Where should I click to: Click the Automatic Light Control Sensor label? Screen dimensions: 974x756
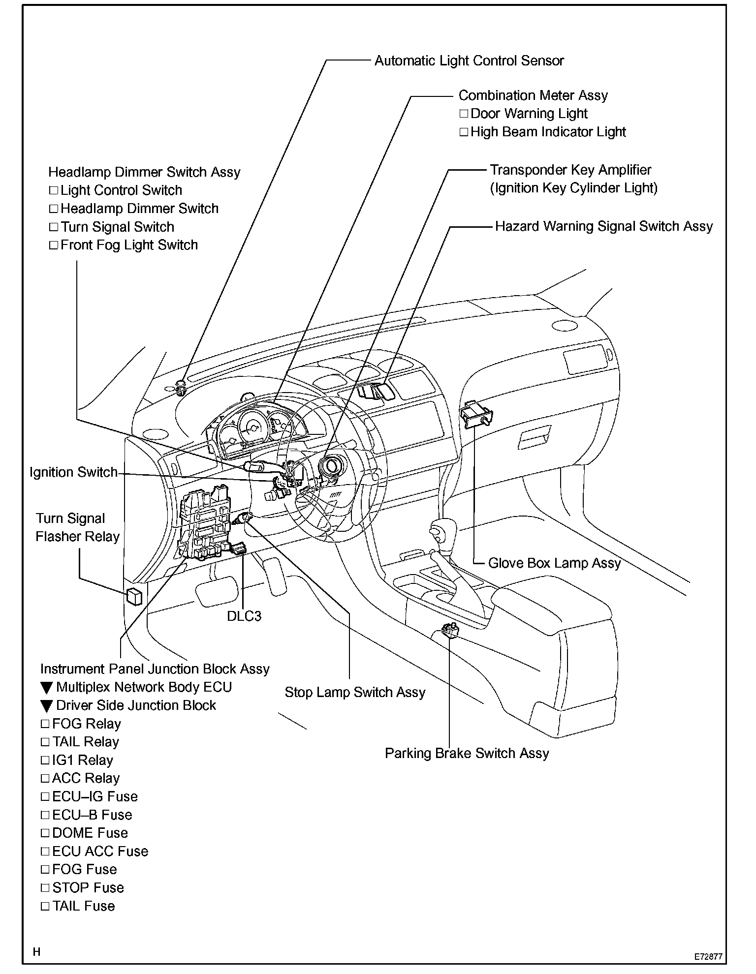(469, 61)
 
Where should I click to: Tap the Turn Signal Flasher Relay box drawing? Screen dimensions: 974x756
(134, 596)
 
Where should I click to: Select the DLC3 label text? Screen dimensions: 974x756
(244, 616)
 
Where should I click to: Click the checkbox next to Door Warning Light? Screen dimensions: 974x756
(464, 114)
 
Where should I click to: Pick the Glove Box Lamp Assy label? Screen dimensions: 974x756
(554, 563)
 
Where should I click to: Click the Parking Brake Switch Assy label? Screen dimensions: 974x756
(467, 753)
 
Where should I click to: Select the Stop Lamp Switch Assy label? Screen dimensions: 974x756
(355, 692)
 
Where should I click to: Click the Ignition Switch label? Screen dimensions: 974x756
(73, 472)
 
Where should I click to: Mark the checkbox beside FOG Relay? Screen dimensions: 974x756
(45, 724)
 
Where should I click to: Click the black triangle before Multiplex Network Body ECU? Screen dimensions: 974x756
(46, 688)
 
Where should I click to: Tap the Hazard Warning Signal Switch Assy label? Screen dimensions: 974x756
(604, 226)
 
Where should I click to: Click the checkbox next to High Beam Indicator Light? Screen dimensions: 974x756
(464, 132)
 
